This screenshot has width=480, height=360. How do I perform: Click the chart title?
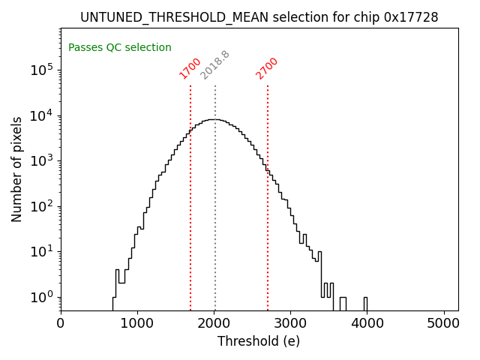point(259,16)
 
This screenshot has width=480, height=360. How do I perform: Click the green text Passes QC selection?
point(120,47)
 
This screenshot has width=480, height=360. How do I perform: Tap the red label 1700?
point(190,68)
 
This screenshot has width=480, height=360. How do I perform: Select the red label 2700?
point(267,68)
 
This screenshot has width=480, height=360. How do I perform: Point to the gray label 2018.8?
point(214,65)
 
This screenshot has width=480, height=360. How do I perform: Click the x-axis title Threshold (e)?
point(259,341)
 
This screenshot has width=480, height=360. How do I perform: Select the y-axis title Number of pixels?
point(16,169)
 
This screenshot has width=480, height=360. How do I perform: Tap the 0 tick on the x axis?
point(61,324)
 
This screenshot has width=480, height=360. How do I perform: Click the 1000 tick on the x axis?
point(137,324)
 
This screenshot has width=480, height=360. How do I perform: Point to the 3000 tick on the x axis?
point(291,324)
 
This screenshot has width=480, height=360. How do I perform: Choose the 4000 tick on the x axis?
point(367,324)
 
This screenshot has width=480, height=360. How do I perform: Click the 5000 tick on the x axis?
point(444,324)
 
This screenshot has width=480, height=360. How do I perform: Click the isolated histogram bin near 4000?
point(365,303)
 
